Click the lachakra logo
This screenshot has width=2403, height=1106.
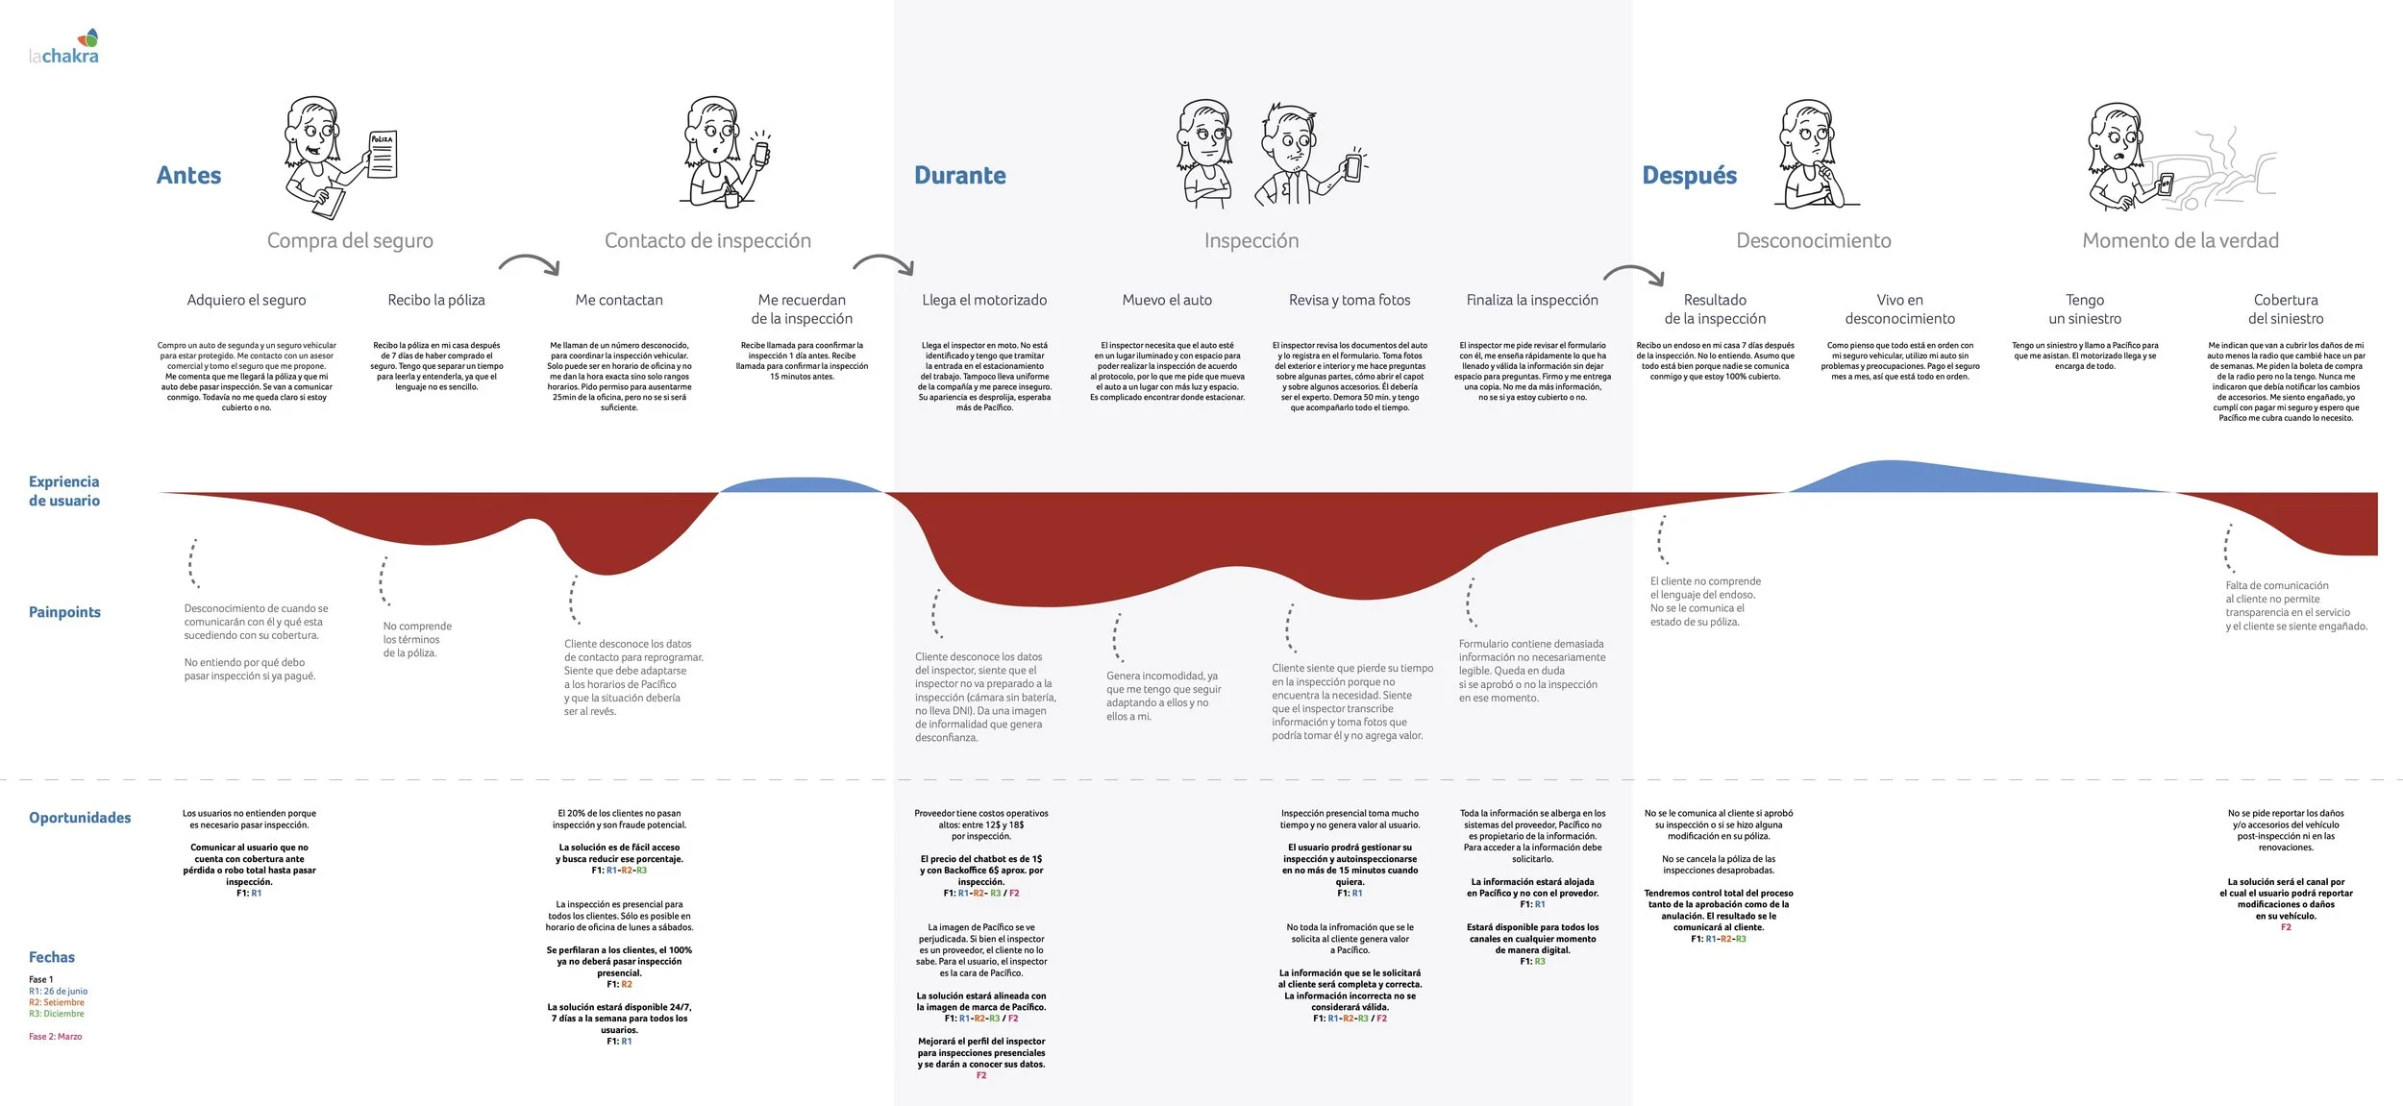[64, 47]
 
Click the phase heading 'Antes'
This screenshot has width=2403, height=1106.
[188, 175]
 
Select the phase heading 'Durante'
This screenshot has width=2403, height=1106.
[959, 175]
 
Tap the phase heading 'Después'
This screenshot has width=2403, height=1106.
[1689, 175]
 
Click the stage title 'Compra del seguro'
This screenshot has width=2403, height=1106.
[350, 240]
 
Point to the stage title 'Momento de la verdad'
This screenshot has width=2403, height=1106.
[2180, 240]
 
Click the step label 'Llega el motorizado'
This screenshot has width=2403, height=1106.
[984, 300]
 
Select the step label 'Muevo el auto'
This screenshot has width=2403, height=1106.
[1167, 300]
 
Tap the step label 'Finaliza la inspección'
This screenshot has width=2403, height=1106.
[1532, 300]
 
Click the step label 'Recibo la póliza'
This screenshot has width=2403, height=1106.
[436, 300]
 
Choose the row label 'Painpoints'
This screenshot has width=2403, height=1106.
[64, 612]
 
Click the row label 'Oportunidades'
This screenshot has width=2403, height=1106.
[80, 818]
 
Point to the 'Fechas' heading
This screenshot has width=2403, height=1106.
[52, 957]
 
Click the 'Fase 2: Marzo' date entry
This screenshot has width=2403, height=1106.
[56, 1037]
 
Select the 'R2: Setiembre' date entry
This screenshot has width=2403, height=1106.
[57, 1002]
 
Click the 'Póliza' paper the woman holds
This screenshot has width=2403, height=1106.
[383, 154]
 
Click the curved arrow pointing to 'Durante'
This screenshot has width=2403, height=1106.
[883, 263]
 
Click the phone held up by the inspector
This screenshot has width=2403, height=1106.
[1353, 166]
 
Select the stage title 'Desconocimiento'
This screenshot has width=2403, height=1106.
[1813, 240]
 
